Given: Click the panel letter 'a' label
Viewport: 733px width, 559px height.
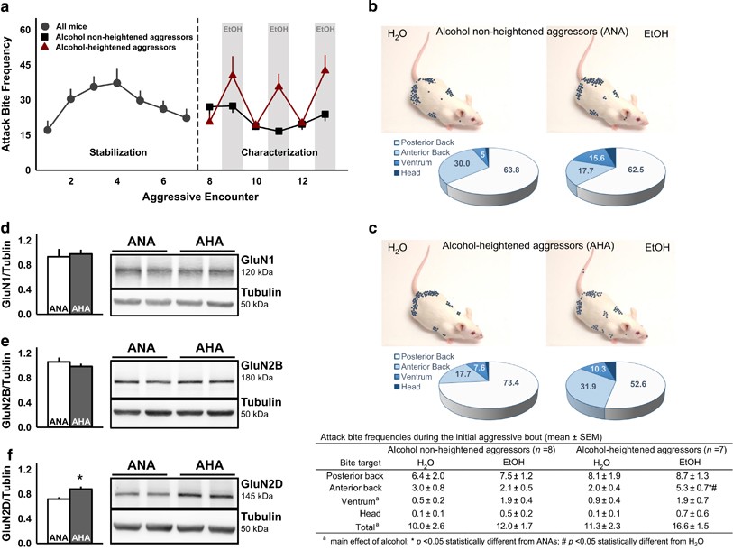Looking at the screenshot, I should click(x=7, y=8).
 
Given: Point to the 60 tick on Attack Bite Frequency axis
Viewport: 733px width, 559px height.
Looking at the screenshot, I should click(x=26, y=30).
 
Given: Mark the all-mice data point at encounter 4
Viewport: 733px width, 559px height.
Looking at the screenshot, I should click(x=116, y=83).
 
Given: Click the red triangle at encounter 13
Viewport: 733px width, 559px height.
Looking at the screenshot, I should click(x=325, y=69).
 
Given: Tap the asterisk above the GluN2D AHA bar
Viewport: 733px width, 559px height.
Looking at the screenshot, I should click(x=80, y=477).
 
